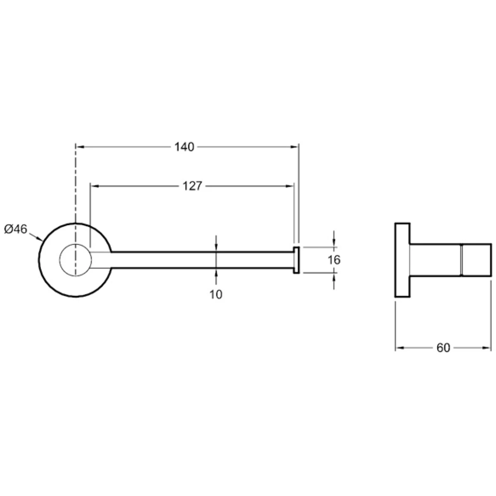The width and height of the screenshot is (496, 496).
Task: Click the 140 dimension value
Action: point(184,147)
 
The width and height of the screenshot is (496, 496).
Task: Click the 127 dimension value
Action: point(192,186)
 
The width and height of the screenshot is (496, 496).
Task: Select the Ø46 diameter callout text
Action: point(16,229)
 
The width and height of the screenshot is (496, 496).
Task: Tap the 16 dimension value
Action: point(334,260)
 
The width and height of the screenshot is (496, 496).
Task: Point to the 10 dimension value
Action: point(216,294)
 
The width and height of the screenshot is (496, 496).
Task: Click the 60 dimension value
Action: point(443,348)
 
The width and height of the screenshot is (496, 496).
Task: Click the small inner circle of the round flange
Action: point(75,260)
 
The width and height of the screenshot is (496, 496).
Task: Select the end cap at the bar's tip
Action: point(296,260)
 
